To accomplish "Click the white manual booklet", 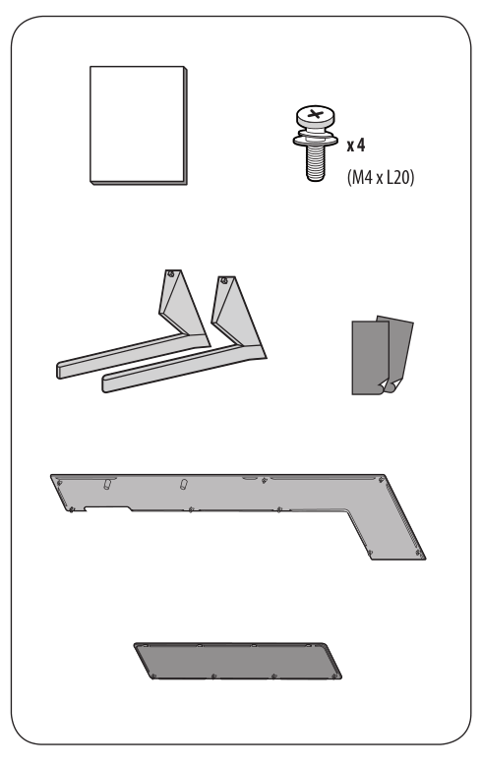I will point(137,124).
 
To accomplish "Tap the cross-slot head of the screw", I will point(314,116).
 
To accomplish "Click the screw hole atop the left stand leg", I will point(170,274).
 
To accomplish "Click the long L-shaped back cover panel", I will point(236,492).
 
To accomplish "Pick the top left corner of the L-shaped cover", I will point(55,476).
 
